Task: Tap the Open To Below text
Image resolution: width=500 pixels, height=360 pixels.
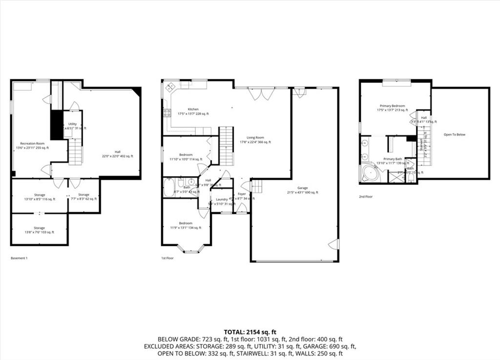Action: [x=454, y=134]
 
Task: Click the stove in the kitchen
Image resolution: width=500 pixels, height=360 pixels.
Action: [x=167, y=113]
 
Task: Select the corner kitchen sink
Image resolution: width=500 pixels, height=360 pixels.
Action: [x=171, y=88]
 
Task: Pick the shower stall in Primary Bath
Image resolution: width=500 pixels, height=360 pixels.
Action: [x=396, y=177]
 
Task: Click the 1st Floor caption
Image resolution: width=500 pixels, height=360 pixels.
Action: [x=167, y=258]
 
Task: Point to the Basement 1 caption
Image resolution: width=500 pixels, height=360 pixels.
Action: [x=19, y=258]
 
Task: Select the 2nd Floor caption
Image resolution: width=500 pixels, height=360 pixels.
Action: [x=365, y=197]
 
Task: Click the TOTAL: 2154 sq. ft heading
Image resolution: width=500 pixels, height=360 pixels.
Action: [x=250, y=332]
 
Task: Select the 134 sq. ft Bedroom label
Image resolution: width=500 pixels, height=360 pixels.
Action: [x=186, y=225]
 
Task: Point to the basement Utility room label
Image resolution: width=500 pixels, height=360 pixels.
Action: [x=73, y=126]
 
